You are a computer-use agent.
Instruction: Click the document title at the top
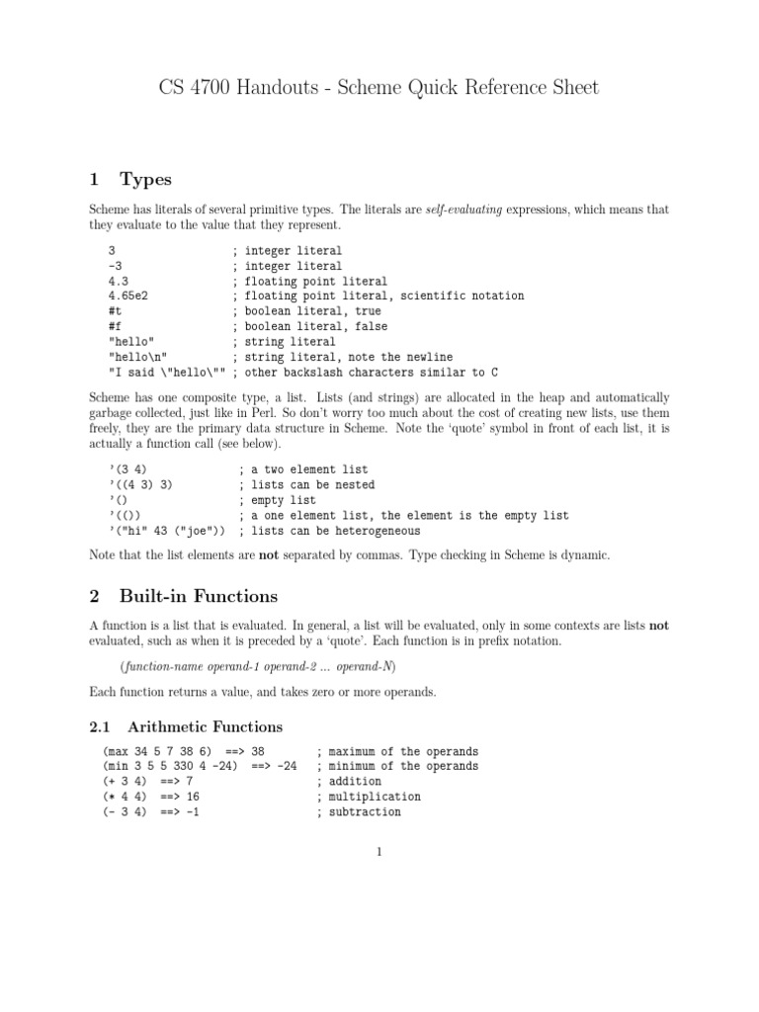tap(379, 89)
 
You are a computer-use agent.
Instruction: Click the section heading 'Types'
tap(145, 179)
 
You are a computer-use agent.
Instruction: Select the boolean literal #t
tap(115, 311)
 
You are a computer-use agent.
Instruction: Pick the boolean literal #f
tap(115, 326)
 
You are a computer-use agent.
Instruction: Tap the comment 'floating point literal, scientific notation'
tap(383, 296)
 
